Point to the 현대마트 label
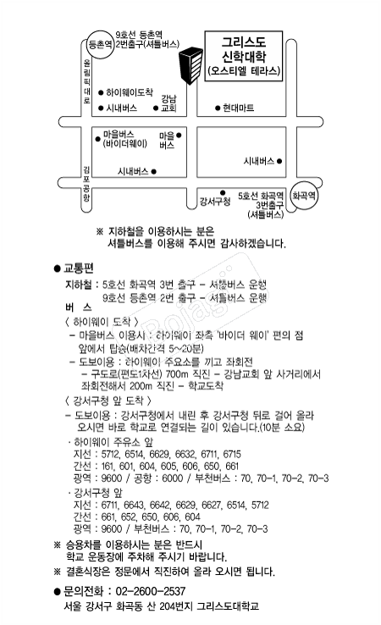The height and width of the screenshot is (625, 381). tap(239, 108)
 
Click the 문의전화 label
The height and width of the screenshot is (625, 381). tap(86, 590)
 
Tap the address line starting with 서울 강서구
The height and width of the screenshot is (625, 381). tap(161, 606)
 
